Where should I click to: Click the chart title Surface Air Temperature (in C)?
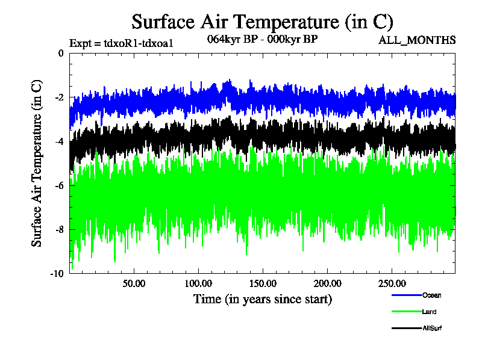[262, 22]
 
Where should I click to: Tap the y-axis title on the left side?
[37, 163]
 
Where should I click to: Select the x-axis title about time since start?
[262, 298]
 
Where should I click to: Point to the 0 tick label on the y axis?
[60, 54]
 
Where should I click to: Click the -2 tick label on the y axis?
[58, 97]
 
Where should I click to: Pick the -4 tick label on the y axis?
[58, 141]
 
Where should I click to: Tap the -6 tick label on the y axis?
[58, 185]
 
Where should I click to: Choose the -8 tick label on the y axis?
[58, 229]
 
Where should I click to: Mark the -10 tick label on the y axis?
[57, 273]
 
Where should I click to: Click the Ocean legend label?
[431, 295]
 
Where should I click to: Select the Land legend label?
[430, 312]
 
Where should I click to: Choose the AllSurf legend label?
[433, 328]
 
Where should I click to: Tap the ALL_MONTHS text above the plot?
[416, 40]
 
